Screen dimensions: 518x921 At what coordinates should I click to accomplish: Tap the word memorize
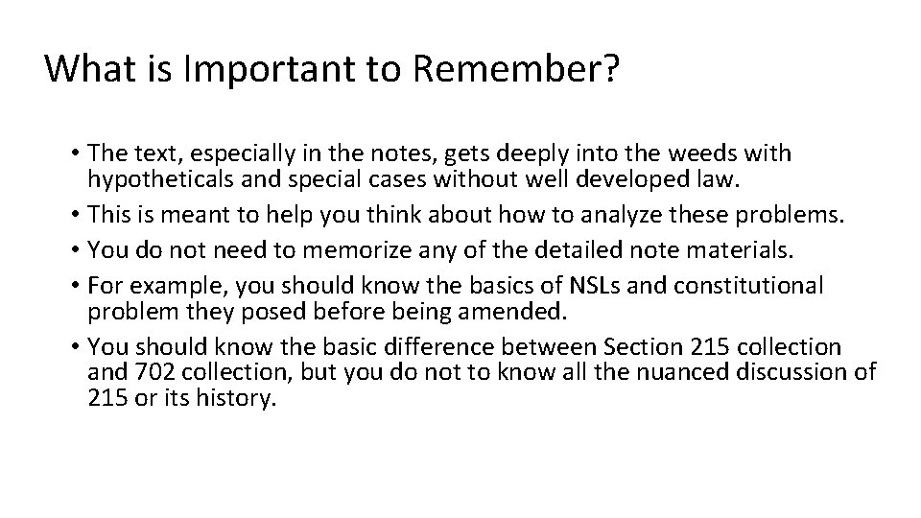[x=356, y=251]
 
